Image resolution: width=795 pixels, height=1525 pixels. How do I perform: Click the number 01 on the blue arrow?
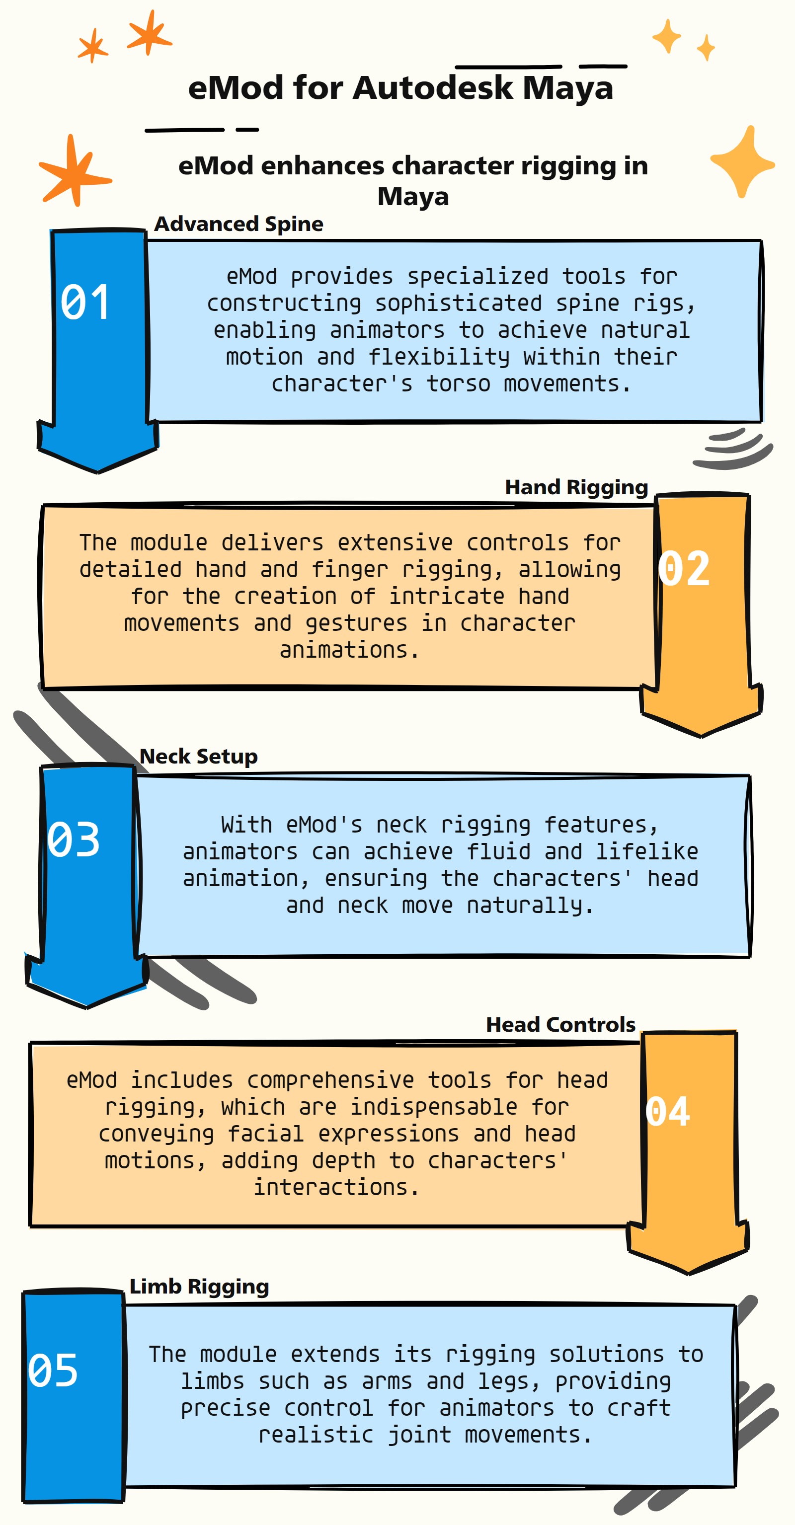85,302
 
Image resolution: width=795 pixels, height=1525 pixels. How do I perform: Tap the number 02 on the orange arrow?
684,568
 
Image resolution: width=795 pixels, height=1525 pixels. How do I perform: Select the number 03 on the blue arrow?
74,839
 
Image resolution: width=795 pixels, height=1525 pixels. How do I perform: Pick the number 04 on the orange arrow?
668,1111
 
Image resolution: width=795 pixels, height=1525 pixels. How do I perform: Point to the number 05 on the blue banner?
53,1371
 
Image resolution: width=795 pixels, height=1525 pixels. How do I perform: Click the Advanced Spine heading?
238,224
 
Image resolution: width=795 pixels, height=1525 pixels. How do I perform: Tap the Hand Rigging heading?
576,487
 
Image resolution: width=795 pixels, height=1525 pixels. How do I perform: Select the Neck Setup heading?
198,757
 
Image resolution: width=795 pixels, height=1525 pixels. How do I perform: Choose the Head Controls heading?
560,1025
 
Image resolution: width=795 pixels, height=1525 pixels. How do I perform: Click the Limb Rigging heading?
199,1287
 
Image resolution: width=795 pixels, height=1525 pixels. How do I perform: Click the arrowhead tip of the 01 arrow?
98,473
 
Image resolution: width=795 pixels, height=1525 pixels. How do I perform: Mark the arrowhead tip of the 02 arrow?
702,737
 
